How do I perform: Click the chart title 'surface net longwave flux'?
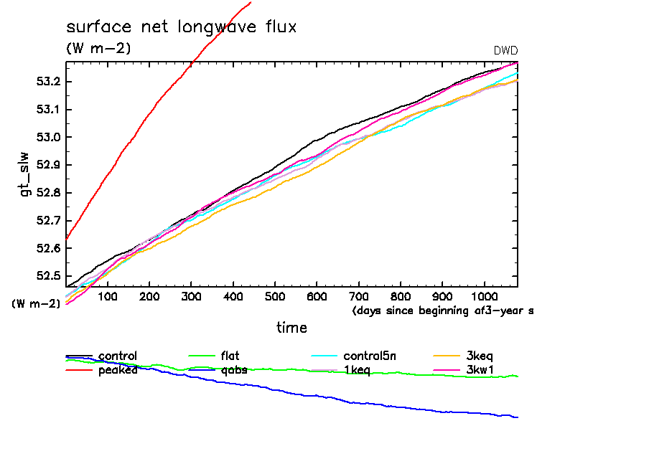pos(181,27)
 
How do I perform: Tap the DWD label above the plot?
pos(505,50)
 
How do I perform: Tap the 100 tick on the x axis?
pos(108,297)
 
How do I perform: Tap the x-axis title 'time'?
pos(292,328)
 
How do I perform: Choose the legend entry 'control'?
pos(118,356)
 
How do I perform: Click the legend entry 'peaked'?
pos(118,370)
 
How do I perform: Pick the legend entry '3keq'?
pos(480,356)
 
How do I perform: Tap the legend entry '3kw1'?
pos(480,370)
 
